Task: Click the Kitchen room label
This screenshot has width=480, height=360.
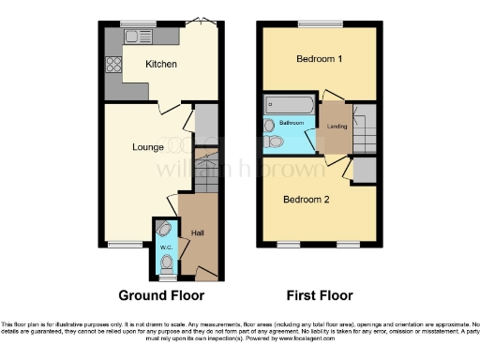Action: coord(161,64)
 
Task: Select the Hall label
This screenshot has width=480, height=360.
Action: coord(199,232)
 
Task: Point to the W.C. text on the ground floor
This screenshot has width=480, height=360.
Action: coord(164,247)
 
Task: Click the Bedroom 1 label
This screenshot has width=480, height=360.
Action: coord(319,58)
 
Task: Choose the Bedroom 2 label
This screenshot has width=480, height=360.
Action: coord(307,200)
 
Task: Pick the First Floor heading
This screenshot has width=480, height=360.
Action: coord(320,295)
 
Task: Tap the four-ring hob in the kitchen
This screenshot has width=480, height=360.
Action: coord(115,65)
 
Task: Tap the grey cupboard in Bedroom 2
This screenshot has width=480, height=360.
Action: coord(365,170)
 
